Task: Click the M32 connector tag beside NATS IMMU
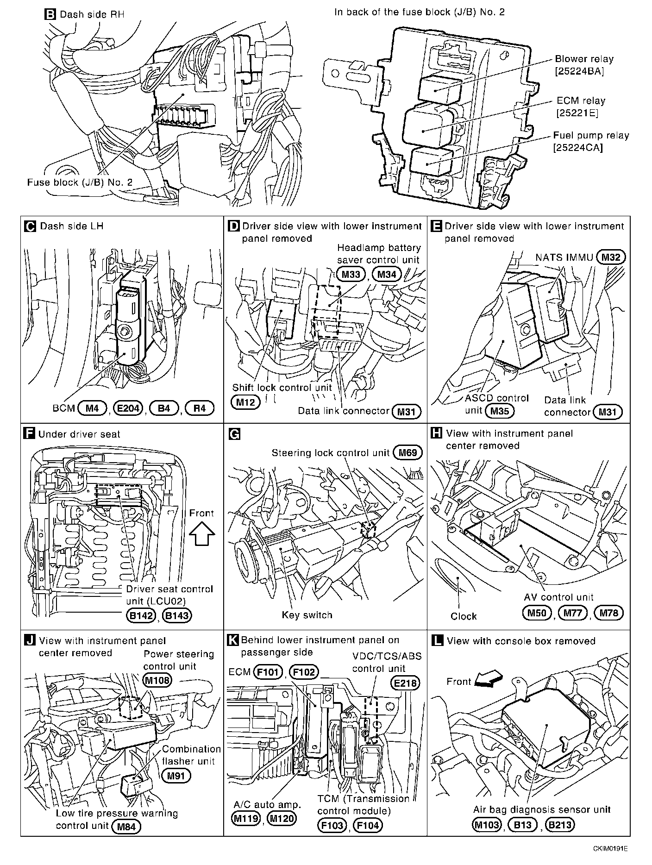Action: [x=611, y=257]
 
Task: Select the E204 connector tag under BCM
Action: [x=128, y=408]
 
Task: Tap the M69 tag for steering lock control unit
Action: [x=407, y=452]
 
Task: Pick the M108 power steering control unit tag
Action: [x=157, y=680]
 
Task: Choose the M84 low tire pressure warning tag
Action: [x=126, y=826]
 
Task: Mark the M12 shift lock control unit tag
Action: [x=245, y=402]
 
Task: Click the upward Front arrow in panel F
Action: [x=202, y=533]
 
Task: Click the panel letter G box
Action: [x=235, y=434]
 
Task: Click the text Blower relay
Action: [x=584, y=59]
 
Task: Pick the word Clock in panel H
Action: [x=463, y=616]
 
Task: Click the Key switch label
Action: [x=307, y=615]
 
